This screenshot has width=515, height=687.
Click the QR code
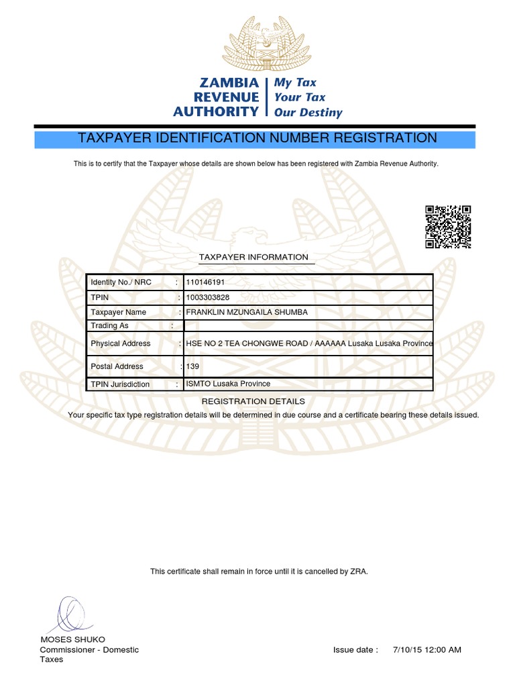point(448,227)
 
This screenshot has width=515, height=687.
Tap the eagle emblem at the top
point(257,43)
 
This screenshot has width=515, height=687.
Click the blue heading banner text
point(257,138)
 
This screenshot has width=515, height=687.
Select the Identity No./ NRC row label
point(121,282)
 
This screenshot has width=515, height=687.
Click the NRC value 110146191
point(206,282)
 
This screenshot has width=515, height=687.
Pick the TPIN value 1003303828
point(207,297)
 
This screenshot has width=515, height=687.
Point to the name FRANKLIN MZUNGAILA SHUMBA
point(246,312)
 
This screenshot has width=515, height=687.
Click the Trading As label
point(109,325)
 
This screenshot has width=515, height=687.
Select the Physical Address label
point(121,343)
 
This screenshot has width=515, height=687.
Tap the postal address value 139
point(192,366)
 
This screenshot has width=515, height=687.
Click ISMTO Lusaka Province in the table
point(228,384)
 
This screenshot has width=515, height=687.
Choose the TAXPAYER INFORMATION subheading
point(253,258)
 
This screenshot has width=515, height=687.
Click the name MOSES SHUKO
point(73,639)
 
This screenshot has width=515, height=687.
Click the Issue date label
point(355,650)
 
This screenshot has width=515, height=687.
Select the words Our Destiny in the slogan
point(308,113)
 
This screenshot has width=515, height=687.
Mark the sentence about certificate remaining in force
point(259,572)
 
